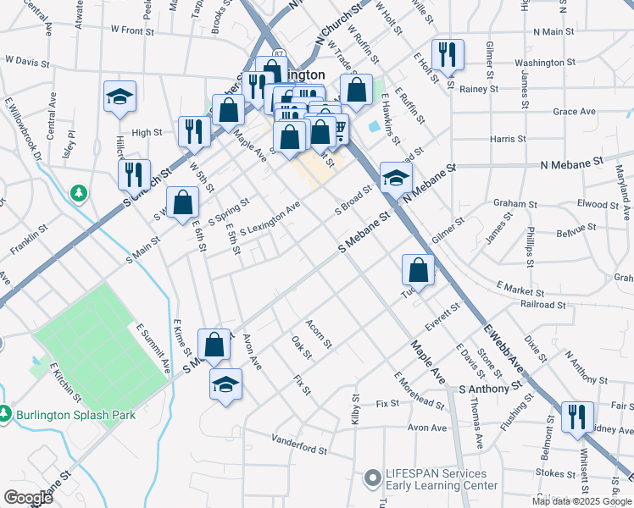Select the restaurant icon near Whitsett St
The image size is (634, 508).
click(576, 418)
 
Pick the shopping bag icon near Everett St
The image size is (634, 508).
click(418, 271)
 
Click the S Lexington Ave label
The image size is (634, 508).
click(270, 219)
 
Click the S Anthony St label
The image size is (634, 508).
click(490, 389)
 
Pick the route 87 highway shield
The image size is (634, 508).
click(280, 55)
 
